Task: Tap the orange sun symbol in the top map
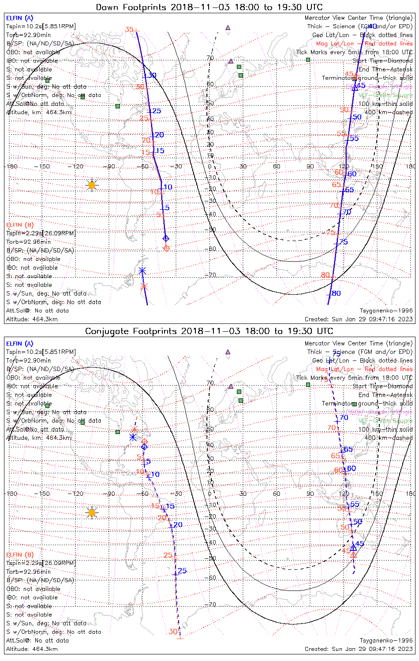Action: coord(92,185)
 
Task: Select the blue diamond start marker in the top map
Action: coord(166,238)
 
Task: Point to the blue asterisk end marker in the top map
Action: coord(142,271)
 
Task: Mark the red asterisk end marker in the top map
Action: coord(144,286)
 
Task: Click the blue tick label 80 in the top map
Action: coord(336,293)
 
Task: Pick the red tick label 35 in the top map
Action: coord(129,30)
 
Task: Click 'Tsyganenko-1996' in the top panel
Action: coord(386,311)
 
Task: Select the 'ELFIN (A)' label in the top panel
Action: coord(19,18)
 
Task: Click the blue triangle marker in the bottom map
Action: coord(353,548)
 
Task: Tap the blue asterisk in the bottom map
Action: coord(133,437)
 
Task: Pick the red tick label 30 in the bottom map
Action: coord(173,631)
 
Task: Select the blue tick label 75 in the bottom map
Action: coord(336,354)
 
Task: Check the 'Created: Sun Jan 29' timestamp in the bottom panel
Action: coord(359,649)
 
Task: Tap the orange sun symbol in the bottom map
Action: coord(92,512)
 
